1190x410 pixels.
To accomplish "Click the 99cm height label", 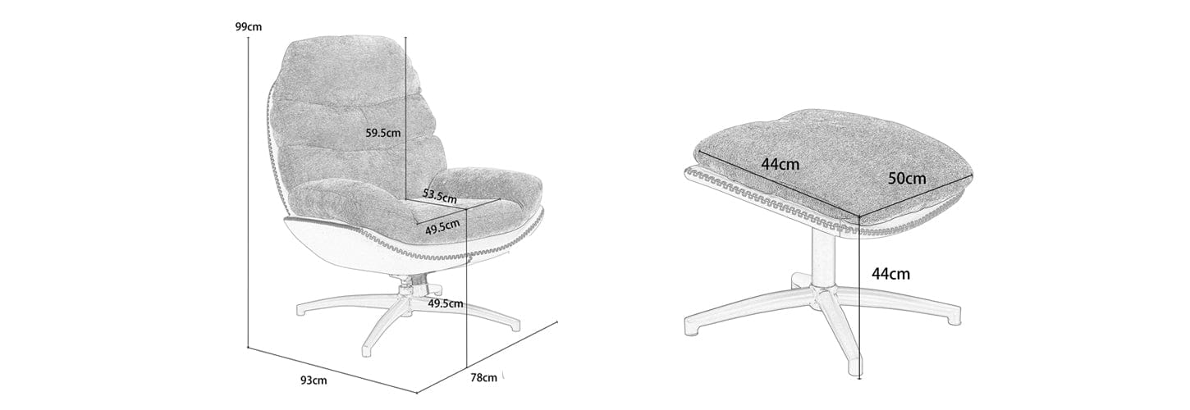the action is point(249,26).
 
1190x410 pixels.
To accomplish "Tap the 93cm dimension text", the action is point(314,380).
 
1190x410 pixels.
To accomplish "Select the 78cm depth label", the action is point(483,377).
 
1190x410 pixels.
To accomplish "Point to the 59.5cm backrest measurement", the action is point(383,133).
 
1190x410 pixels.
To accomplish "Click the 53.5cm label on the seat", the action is point(439,195).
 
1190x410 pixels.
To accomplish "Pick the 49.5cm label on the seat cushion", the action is point(442,227).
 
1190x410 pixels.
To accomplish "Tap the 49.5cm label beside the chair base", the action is point(445,303).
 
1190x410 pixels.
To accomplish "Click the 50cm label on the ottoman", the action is point(908,179).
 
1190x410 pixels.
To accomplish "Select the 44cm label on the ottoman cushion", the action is point(780,164).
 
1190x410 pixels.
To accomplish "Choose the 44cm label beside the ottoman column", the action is point(891,274).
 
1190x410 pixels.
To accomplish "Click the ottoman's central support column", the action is point(822,260).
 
